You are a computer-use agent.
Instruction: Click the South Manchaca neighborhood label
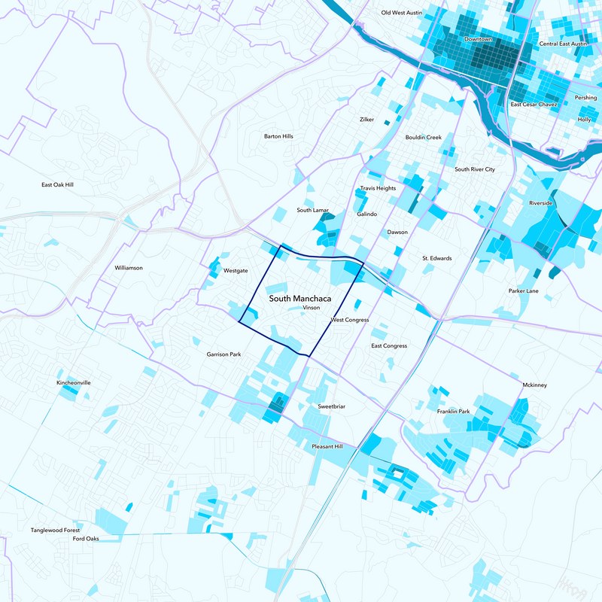pyautogui.click(x=300, y=299)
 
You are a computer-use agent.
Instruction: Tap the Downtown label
pyautogui.click(x=478, y=39)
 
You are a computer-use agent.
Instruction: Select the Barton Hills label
pyautogui.click(x=278, y=136)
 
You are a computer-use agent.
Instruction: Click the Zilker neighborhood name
pyautogui.click(x=366, y=119)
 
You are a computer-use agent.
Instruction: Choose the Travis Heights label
pyautogui.click(x=377, y=188)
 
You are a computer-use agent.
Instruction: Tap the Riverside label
pyautogui.click(x=540, y=203)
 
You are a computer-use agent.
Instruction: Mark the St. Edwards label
pyautogui.click(x=436, y=258)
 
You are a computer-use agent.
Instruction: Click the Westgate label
pyautogui.click(x=236, y=270)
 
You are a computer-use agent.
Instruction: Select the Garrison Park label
pyautogui.click(x=224, y=354)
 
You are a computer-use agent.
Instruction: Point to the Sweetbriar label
pyautogui.click(x=331, y=406)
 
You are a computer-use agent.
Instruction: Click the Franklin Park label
pyautogui.click(x=453, y=412)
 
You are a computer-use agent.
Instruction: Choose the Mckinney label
pyautogui.click(x=534, y=385)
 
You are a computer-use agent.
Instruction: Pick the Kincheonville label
pyautogui.click(x=74, y=382)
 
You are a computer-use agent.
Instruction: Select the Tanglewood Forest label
pyautogui.click(x=55, y=530)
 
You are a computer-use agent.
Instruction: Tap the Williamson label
pyautogui.click(x=129, y=267)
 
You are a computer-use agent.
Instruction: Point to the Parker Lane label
pyautogui.click(x=523, y=290)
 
